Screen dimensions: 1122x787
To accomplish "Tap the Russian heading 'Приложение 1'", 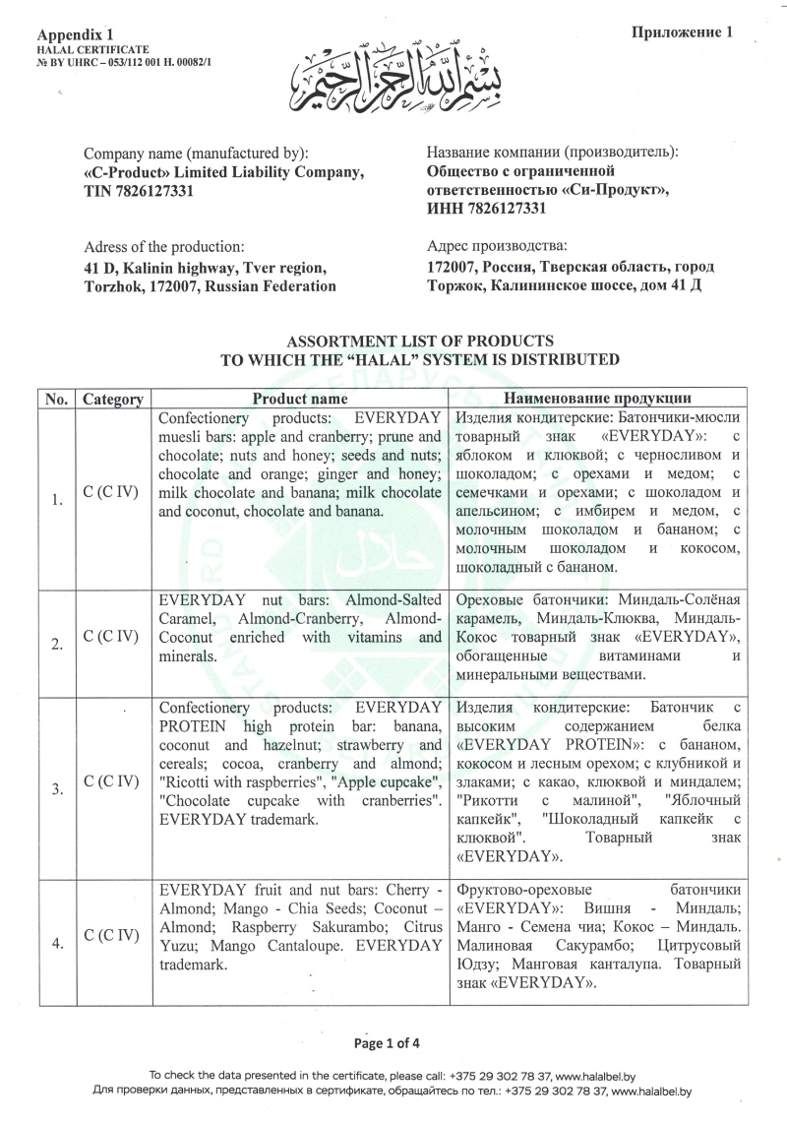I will (x=682, y=32).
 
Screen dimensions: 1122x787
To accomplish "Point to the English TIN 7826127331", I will (x=139, y=191).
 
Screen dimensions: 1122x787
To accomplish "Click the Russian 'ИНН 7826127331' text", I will (x=487, y=208).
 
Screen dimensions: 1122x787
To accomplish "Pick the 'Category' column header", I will (x=113, y=400).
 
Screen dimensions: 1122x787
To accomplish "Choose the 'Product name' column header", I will (x=299, y=399).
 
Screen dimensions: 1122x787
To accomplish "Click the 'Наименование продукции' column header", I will (x=597, y=399).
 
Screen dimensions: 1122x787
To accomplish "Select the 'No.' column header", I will (x=57, y=400).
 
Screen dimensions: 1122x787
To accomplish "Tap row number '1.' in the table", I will (x=57, y=500).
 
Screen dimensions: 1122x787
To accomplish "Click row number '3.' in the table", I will (x=57, y=787).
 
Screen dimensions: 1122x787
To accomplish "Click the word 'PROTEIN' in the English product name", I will (x=191, y=726).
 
